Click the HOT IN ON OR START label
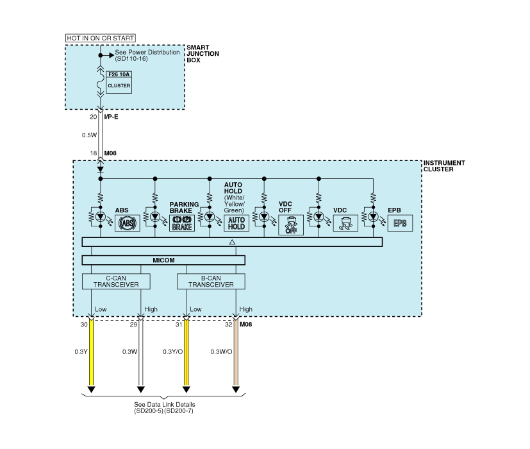click(101, 38)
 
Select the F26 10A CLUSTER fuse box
click(119, 82)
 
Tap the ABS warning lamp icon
click(128, 223)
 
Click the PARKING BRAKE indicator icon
click(182, 223)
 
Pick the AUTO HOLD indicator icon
click(236, 223)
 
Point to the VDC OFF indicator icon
click(291, 225)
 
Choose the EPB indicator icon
click(400, 223)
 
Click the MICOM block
click(163, 260)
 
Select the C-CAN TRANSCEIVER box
click(116, 282)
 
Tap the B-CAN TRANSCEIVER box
click(211, 282)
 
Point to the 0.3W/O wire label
click(221, 352)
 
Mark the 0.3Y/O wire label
click(173, 352)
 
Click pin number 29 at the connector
click(133, 325)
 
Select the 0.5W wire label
click(89, 135)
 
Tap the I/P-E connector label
click(112, 117)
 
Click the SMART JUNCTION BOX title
click(203, 54)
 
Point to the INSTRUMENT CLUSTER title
click(444, 166)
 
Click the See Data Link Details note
click(165, 408)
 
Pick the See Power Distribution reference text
click(147, 56)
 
